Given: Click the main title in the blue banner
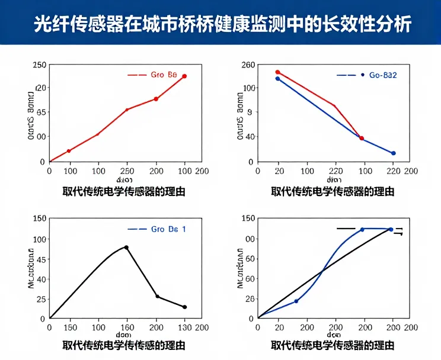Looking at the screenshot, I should click(x=220, y=24).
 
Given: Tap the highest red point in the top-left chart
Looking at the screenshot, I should click(x=184, y=76).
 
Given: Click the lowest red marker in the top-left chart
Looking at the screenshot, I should click(x=69, y=151).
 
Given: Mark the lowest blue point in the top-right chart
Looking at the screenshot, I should click(x=393, y=153).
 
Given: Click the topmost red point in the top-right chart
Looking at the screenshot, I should click(x=277, y=72).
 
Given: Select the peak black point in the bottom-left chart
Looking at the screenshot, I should click(x=126, y=247).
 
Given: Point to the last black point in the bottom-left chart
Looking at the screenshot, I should click(x=185, y=307).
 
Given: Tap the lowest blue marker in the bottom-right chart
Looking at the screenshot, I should click(x=296, y=301).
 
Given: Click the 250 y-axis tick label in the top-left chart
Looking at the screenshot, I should click(x=39, y=65).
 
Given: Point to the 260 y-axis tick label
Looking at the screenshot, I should click(x=248, y=65).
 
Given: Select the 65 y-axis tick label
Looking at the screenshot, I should click(x=41, y=112).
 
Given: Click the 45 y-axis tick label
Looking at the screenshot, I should click(x=41, y=259).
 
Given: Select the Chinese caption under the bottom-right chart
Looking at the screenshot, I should click(x=333, y=345).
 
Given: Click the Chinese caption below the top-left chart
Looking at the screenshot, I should click(x=124, y=191).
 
